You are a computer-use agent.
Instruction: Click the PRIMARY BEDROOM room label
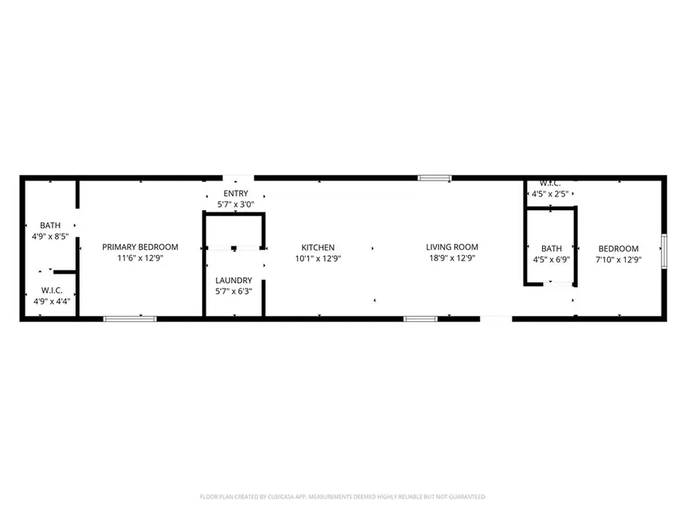[140, 247]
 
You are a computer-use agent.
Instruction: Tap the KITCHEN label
[318, 247]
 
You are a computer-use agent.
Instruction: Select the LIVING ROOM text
[452, 247]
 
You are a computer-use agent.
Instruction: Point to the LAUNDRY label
[233, 280]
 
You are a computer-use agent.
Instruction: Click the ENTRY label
[235, 193]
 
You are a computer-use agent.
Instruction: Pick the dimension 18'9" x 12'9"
[452, 259]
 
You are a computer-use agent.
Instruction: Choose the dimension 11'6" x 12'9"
[140, 259]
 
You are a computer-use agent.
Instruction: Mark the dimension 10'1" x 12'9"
[318, 259]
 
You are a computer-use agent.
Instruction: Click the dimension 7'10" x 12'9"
[618, 260]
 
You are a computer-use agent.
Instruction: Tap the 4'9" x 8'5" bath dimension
[50, 237]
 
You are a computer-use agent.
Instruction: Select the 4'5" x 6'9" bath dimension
[551, 260]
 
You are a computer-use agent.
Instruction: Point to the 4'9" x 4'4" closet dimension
[51, 302]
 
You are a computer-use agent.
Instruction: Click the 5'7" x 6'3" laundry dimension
[233, 292]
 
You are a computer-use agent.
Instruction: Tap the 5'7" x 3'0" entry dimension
[235, 205]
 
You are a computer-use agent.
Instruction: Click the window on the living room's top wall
[434, 178]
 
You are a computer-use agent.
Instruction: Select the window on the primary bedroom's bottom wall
[130, 318]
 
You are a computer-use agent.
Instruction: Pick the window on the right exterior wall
[664, 248]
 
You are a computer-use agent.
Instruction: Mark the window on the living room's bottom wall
[420, 318]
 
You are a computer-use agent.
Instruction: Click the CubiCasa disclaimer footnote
[343, 496]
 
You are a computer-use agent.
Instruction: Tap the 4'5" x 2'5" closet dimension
[550, 195]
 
